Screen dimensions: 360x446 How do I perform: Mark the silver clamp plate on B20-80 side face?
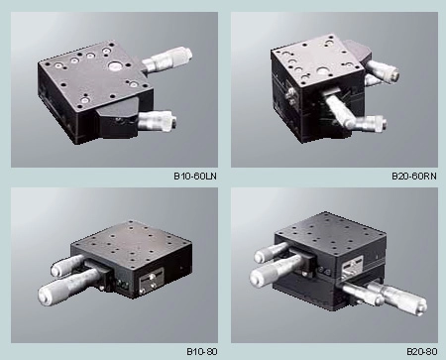pyautogui.click(x=351, y=268)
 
